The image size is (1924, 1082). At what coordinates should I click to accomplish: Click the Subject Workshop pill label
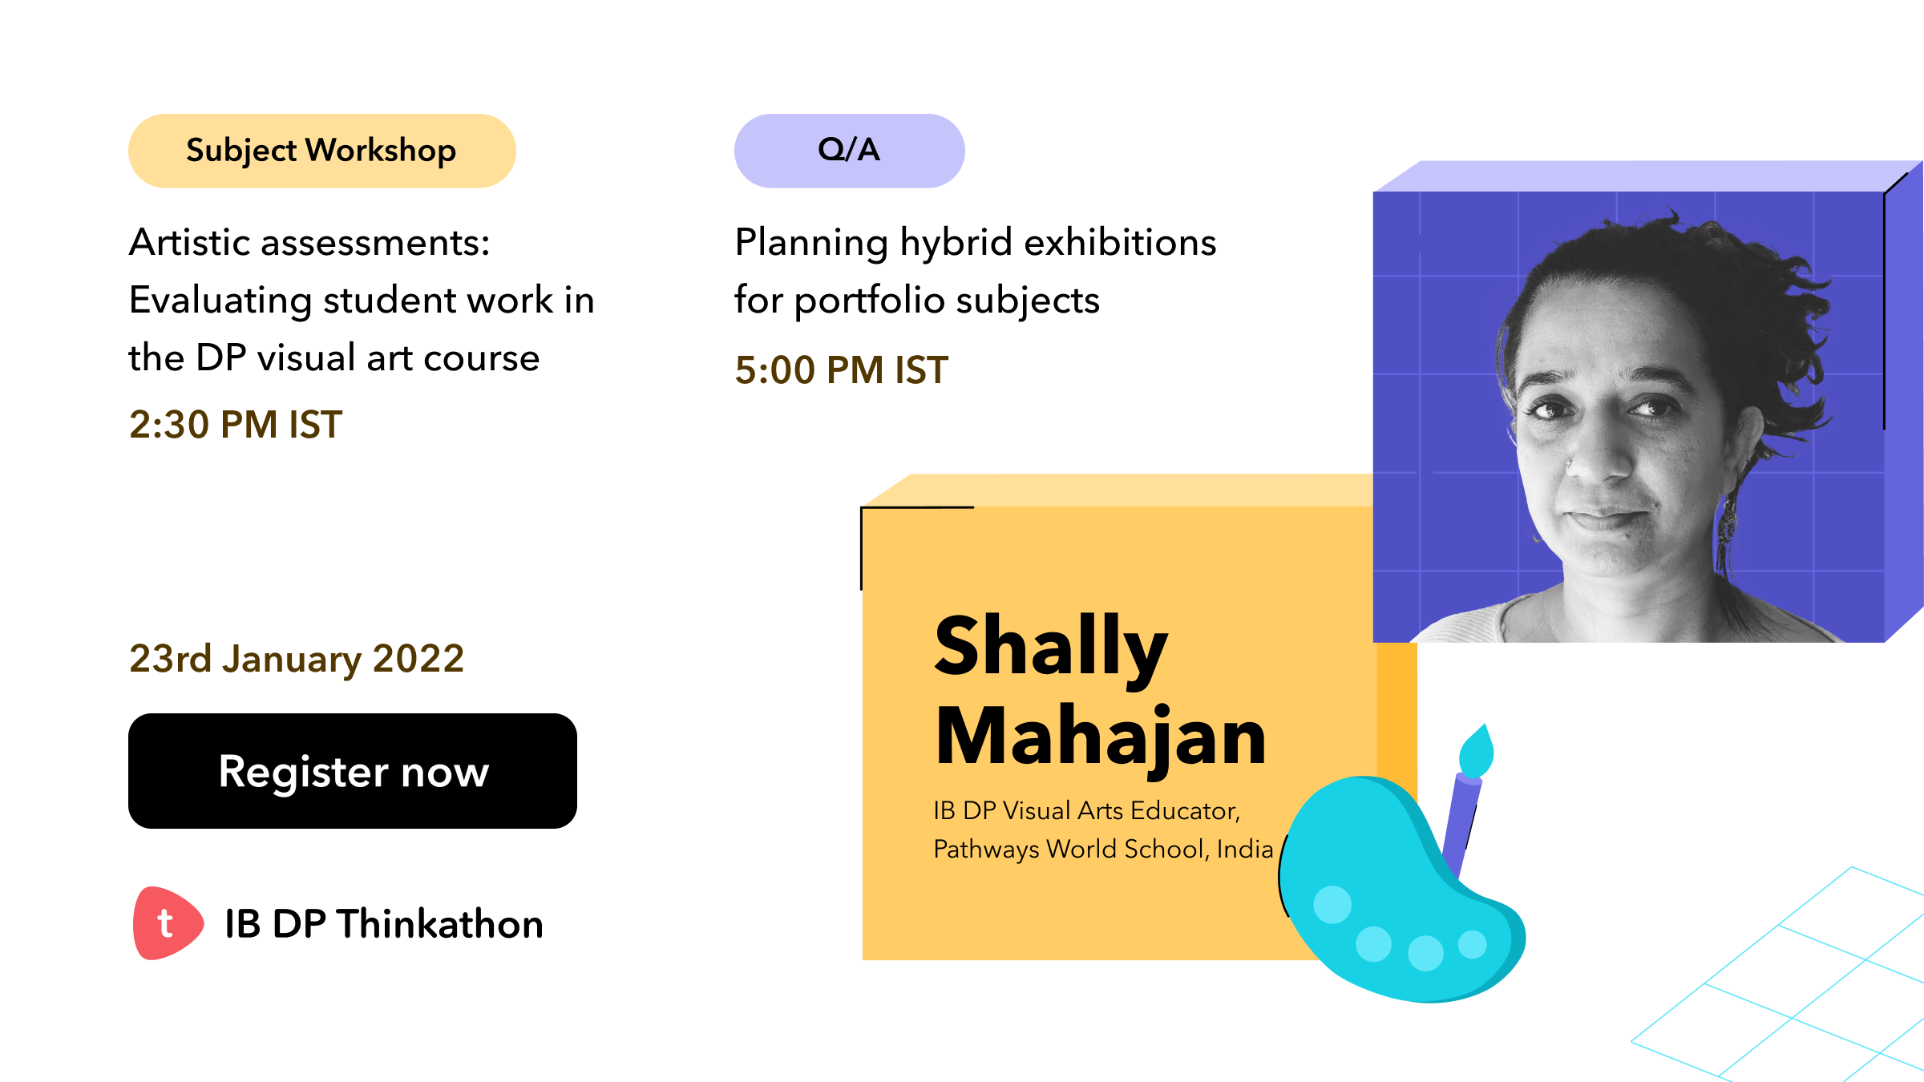tap(321, 151)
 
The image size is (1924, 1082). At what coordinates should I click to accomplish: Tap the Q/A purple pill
tap(849, 151)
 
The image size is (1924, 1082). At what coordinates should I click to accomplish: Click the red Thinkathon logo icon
tap(167, 923)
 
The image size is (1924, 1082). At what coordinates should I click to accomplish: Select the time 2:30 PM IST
tap(236, 424)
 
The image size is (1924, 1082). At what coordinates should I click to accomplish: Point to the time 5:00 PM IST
tap(842, 370)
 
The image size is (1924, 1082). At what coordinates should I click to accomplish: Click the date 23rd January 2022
tap(297, 659)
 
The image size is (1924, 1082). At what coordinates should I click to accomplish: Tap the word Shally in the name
tap(1051, 648)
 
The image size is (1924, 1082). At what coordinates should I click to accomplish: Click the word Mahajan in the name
tap(1101, 738)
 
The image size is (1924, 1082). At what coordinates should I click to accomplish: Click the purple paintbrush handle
tap(1462, 826)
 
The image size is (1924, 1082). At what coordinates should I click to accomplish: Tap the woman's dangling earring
tap(1727, 521)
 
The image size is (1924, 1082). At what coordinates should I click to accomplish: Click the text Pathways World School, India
tap(1103, 849)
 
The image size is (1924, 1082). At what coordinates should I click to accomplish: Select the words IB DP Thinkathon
tap(384, 924)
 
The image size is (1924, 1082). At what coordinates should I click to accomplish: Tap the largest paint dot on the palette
tap(1332, 905)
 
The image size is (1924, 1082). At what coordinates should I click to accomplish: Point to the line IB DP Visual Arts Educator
tap(1087, 810)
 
